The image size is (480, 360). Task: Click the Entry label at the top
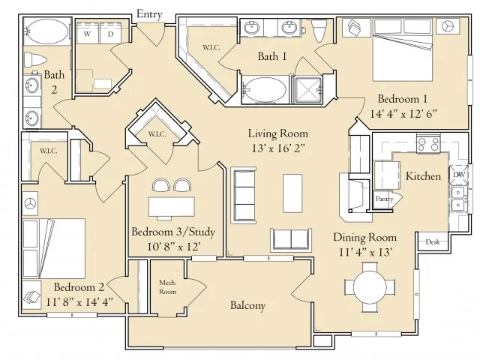pos(149,14)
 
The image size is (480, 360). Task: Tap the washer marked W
pos(87,33)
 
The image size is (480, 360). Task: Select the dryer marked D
pos(110,33)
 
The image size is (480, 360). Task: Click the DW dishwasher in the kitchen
pos(458,175)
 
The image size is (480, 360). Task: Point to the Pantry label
pos(384,199)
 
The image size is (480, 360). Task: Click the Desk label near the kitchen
pos(433,241)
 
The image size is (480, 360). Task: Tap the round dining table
pos(370,287)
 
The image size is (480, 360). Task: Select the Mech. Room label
pos(167,287)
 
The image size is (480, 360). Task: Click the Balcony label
pos(247,305)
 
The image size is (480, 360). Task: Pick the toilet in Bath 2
pos(35,59)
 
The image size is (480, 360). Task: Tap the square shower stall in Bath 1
pos(307,90)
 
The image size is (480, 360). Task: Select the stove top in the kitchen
pos(428,144)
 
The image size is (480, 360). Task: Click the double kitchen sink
pos(458,199)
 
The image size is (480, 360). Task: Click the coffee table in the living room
pos(292,193)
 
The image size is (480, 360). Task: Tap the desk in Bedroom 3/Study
pos(172,207)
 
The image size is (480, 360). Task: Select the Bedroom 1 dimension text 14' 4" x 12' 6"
pos(403,114)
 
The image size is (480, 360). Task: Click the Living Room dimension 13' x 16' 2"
pos(278,148)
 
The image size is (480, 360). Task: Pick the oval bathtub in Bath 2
pos(46,31)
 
